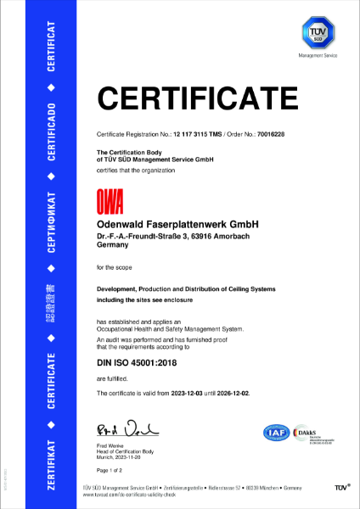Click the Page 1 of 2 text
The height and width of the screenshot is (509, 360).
tap(111, 469)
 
